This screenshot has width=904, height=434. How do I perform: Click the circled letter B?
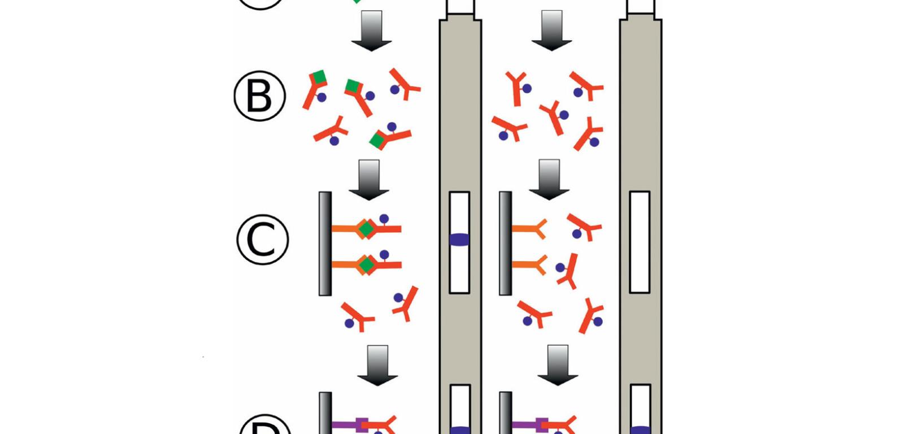260,96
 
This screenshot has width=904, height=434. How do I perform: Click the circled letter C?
262,239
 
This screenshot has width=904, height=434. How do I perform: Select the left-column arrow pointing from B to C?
369,180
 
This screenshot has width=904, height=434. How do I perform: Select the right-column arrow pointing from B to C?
549,180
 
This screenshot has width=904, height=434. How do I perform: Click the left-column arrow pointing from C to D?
377,365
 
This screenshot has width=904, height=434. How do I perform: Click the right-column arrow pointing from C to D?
558,365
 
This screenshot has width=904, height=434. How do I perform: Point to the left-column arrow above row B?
371,31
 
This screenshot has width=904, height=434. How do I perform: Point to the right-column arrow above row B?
551,31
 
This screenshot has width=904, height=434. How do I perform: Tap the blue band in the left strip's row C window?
459,240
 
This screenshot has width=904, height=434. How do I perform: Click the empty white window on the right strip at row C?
640,242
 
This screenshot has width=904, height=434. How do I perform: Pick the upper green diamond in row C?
366,229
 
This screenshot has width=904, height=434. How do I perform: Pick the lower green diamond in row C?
367,264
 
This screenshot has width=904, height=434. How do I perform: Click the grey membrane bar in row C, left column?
325,244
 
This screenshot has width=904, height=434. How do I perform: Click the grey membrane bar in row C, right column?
505,244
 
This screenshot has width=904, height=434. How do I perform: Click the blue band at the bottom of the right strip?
640,430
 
